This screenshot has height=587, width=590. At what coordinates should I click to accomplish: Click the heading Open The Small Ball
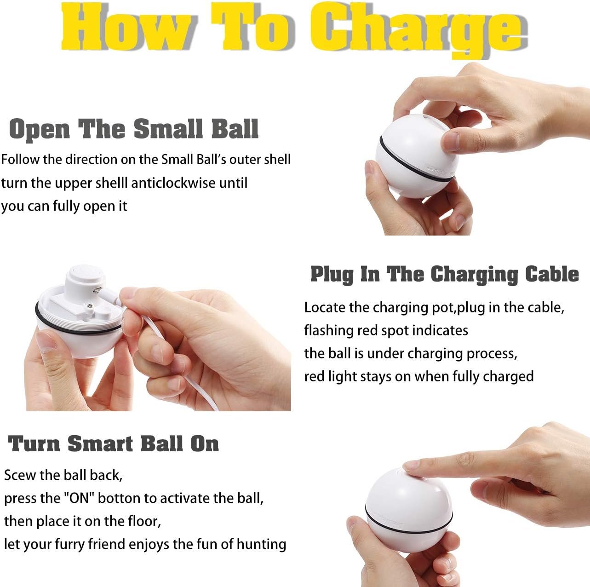pos(134,129)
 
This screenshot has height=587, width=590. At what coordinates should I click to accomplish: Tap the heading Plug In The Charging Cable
pos(444,274)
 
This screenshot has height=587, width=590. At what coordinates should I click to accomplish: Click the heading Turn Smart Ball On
pos(113,444)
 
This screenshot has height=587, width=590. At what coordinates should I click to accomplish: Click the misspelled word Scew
pos(19,475)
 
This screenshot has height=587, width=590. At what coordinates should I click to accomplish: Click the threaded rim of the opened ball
pos(78,322)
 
